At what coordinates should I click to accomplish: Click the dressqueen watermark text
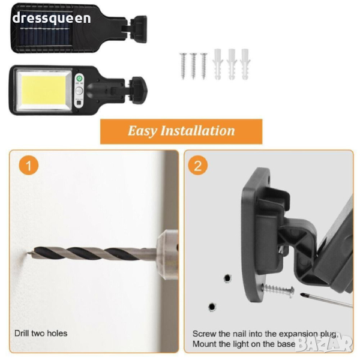pyautogui.click(x=52, y=19)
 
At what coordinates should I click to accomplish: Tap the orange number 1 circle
pyautogui.click(x=29, y=166)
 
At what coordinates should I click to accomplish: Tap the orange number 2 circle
pyautogui.click(x=198, y=166)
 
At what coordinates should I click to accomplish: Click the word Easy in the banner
pyautogui.click(x=142, y=131)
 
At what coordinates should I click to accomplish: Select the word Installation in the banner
pyautogui.click(x=197, y=130)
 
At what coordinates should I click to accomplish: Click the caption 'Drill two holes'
pyautogui.click(x=41, y=333)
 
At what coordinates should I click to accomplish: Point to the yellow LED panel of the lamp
pyautogui.click(x=43, y=89)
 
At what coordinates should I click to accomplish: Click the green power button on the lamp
pyautogui.click(x=79, y=79)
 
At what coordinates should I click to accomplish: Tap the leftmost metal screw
pyautogui.click(x=183, y=66)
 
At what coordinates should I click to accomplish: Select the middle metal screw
pyautogui.click(x=194, y=66)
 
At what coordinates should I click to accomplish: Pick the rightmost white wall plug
pyautogui.click(x=245, y=64)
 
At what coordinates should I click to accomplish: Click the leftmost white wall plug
pyautogui.click(x=218, y=64)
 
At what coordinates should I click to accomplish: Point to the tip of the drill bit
pyautogui.click(x=28, y=253)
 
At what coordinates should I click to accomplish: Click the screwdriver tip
pyautogui.click(x=302, y=295)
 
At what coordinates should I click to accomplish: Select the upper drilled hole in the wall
pyautogui.click(x=227, y=278)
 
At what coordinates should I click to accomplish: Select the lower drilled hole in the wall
pyautogui.click(x=212, y=307)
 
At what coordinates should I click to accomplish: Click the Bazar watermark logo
pyautogui.click(x=324, y=344)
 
